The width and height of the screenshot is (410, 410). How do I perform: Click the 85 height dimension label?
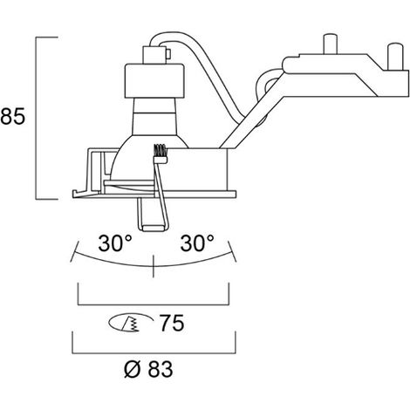coord(12,116)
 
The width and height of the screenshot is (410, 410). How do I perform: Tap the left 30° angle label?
coord(115,243)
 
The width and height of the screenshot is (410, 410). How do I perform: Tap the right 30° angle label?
coord(197,243)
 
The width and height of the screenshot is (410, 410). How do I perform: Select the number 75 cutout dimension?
coord(172,323)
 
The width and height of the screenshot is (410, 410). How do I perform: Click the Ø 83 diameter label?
coord(148,369)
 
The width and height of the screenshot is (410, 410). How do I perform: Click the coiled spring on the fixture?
coord(160,153)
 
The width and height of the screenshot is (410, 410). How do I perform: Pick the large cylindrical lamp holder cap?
coord(154,80)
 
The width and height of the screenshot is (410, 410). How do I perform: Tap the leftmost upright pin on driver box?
coord(331,44)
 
